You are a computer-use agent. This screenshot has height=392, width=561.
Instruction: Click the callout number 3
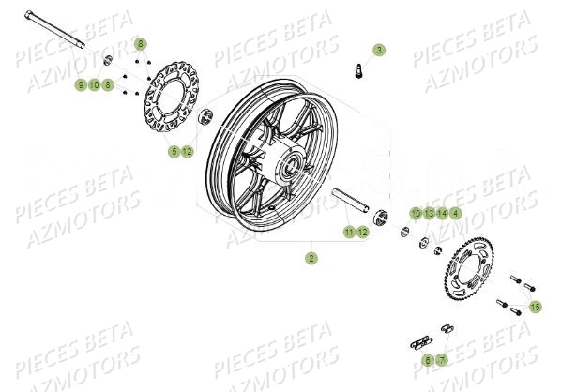pyautogui.click(x=379, y=49)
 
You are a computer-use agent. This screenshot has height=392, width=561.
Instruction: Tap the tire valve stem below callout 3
pyautogui.click(x=357, y=68)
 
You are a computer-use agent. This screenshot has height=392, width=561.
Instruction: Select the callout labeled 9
pyautogui.click(x=81, y=85)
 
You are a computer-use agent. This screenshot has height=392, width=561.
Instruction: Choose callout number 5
pyautogui.click(x=174, y=151)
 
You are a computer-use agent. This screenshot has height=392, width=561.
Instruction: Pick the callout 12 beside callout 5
pyautogui.click(x=188, y=151)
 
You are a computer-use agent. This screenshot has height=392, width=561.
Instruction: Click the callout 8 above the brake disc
pyautogui.click(x=141, y=44)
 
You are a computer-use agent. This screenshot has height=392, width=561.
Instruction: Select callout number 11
pyautogui.click(x=348, y=232)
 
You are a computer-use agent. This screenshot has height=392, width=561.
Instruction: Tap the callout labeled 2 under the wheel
pyautogui.click(x=311, y=256)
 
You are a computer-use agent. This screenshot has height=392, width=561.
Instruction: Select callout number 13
pyautogui.click(x=428, y=213)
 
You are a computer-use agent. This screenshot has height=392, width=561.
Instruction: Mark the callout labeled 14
pyautogui.click(x=441, y=213)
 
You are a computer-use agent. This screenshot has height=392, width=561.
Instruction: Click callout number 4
pyautogui.click(x=455, y=213)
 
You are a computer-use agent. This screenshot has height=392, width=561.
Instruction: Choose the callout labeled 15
pyautogui.click(x=535, y=307)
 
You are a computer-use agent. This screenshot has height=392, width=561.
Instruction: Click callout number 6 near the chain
pyautogui.click(x=428, y=359)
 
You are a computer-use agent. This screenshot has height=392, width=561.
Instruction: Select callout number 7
pyautogui.click(x=442, y=359)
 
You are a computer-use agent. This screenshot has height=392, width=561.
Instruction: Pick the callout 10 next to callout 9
pyautogui.click(x=95, y=85)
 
